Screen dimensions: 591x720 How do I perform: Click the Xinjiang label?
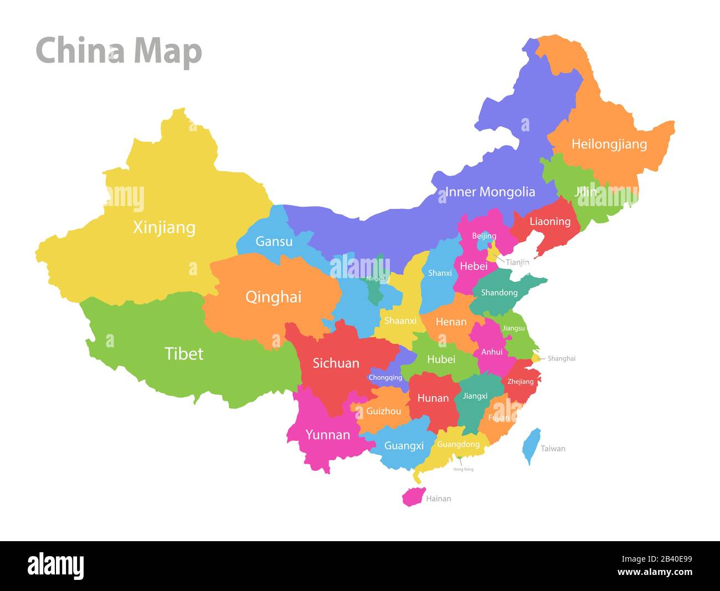164,227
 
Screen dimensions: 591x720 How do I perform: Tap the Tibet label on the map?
184,353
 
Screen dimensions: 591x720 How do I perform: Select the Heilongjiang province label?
609,144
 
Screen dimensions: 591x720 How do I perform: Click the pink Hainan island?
413,497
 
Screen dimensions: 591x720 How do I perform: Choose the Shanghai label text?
562,358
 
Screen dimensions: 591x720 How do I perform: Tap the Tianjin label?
517,262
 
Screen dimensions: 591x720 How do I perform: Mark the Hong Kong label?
464,469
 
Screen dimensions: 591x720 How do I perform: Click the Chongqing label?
385,378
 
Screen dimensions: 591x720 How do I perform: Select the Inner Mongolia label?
490,192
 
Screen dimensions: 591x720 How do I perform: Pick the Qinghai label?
273,297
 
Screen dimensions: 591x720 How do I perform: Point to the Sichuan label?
336,363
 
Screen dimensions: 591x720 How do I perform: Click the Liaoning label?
550,222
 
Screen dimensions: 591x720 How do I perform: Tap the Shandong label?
499,292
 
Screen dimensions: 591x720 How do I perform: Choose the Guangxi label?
404,445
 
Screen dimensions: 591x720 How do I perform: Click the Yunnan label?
327,435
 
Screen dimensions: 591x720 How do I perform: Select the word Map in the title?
167,51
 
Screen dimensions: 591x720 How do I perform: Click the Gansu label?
274,241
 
